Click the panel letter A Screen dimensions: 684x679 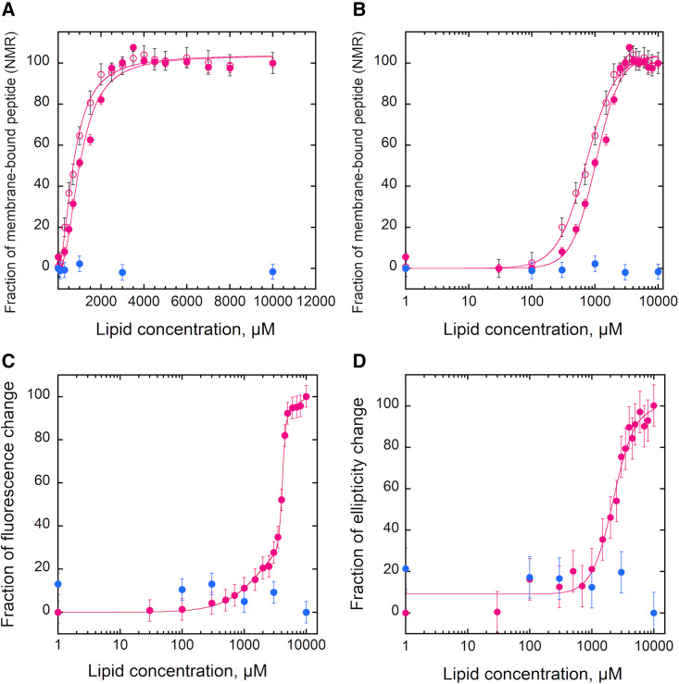coord(9,8)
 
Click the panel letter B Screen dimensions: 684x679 coord(356,8)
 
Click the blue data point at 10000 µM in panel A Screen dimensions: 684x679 coord(273,271)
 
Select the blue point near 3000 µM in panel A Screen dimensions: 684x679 coord(122,272)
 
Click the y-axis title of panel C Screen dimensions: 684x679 coord(13,495)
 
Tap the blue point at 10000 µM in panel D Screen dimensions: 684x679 coord(654,613)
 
